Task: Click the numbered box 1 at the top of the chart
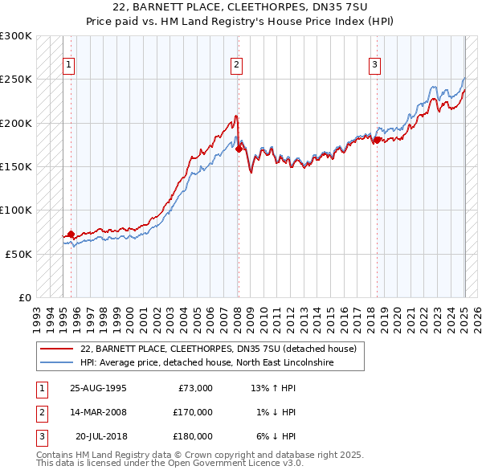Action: point(69,66)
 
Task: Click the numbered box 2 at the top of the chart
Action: point(237,66)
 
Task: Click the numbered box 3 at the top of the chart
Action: point(375,66)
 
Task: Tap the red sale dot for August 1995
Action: point(71,234)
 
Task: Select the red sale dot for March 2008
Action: point(239,149)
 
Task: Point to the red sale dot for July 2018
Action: point(377,141)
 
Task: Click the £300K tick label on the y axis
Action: point(16,36)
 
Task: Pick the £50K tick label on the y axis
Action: point(18,254)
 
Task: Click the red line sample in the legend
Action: point(55,349)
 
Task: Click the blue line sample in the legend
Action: point(55,362)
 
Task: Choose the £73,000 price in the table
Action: point(194,388)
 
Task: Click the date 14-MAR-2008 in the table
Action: point(98,412)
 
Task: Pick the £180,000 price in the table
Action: point(192,436)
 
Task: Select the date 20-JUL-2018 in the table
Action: point(100,436)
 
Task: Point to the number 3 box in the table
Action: point(39,436)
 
